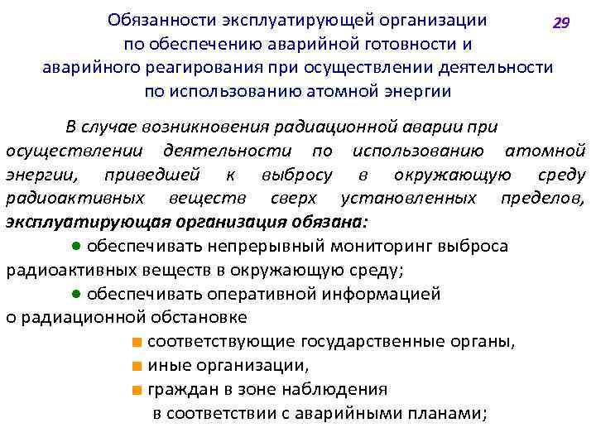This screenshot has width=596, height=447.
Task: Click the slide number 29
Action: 561,23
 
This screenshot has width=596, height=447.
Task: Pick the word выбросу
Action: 296,175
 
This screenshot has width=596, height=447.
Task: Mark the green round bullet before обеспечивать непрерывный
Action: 75,247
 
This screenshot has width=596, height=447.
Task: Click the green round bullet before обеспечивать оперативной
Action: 75,294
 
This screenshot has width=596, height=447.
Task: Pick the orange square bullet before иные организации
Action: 136,366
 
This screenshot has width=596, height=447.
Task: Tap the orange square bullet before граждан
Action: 136,389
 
